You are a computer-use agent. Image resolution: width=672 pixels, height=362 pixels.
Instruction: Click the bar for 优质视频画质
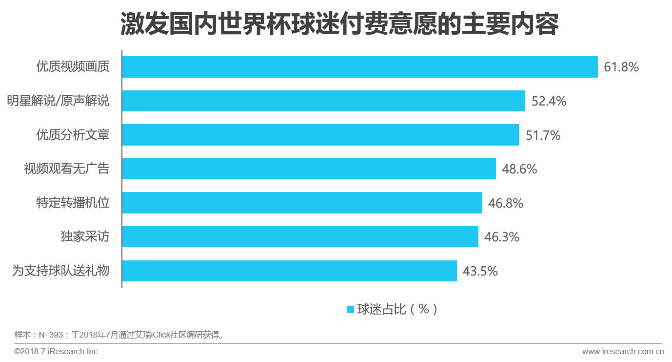tap(360, 67)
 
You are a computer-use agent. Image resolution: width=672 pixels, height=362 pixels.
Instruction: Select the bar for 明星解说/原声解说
tap(323, 101)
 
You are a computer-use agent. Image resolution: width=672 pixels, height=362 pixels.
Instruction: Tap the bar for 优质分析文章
tap(320, 135)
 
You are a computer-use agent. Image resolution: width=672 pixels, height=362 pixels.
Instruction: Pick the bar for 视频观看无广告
tap(309, 169)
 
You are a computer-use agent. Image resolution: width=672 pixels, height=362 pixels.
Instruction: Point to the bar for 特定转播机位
tap(302, 203)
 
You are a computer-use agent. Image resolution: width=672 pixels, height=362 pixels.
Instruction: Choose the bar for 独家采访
tap(300, 236)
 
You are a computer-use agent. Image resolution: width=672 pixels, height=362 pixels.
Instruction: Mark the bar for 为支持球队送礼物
tap(289, 271)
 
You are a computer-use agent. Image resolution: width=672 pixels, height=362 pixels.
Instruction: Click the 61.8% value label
tap(621, 67)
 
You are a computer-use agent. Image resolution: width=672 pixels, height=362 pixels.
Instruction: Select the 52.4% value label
tap(549, 101)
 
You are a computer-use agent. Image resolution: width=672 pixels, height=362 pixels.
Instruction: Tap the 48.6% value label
tap(519, 169)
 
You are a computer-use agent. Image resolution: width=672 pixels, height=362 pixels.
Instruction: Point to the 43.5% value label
tap(480, 271)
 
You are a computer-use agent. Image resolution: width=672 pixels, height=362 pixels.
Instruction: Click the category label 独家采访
tap(85, 237)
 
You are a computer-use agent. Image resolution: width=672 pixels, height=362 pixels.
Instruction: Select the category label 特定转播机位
tap(73, 203)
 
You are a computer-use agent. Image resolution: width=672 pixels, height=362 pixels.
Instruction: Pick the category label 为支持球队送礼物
tap(60, 271)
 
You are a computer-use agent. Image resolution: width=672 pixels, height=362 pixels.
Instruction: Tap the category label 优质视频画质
tap(73, 67)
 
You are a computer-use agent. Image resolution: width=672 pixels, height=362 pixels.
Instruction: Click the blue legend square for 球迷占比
tap(350, 309)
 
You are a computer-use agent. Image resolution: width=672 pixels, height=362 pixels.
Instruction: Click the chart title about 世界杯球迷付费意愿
tap(339, 24)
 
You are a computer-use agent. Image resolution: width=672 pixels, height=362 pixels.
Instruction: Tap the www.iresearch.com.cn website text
tap(623, 351)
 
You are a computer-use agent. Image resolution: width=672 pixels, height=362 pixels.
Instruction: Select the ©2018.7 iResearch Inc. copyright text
tap(57, 351)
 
